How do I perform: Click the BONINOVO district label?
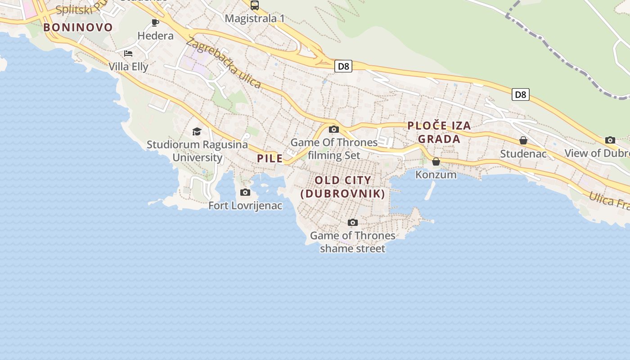(78, 27)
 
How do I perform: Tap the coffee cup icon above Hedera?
(155, 23)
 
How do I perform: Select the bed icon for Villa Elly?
(128, 54)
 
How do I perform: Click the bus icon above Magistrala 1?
(255, 5)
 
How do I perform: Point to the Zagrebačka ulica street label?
(223, 63)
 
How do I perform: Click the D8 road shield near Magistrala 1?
(343, 67)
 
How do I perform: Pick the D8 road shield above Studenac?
(520, 94)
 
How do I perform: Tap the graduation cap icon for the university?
(197, 131)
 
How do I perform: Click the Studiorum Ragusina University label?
(198, 151)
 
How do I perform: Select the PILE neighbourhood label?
(270, 158)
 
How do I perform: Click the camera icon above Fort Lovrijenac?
(245, 193)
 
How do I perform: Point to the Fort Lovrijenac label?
(245, 206)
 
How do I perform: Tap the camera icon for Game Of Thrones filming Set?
(334, 130)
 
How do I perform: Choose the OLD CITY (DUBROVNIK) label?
(343, 187)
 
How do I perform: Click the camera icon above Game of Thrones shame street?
(353, 222)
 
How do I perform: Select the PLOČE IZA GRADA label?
(439, 132)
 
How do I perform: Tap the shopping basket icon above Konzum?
(436, 162)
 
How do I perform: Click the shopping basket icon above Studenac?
(523, 141)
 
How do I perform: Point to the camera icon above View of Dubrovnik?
(610, 140)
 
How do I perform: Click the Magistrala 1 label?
(255, 18)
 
